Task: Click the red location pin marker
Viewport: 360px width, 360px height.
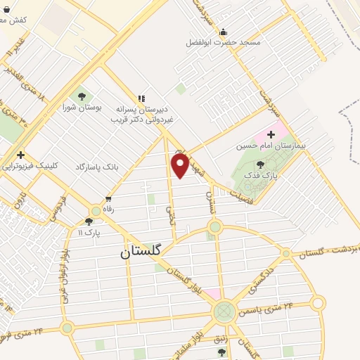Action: (180, 165)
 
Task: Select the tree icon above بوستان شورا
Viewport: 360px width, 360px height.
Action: (82, 96)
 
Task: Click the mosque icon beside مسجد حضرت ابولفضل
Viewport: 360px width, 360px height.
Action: (224, 32)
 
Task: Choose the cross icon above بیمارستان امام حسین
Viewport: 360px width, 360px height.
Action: (271, 134)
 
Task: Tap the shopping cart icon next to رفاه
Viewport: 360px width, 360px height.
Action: (108, 199)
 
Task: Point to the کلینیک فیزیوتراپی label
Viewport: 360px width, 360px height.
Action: (30, 167)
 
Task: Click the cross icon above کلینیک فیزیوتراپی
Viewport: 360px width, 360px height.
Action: (22, 155)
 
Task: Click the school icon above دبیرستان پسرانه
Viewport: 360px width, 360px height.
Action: (141, 99)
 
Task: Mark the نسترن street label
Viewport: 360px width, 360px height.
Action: (210, 191)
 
